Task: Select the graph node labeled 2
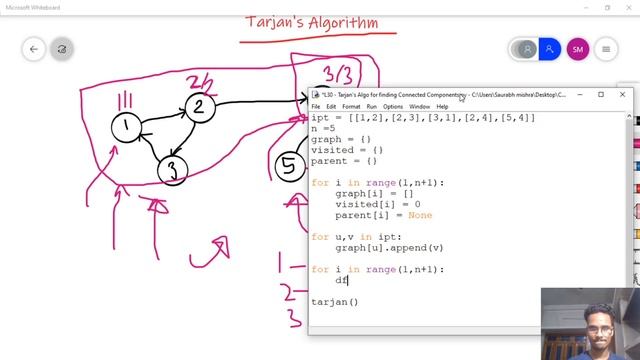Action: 198,107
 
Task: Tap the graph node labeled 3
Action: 173,170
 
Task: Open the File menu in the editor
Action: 316,106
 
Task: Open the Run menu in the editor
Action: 372,106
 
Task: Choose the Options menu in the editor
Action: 393,106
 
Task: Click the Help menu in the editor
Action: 442,106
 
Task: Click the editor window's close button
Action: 622,94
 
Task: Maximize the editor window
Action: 601,94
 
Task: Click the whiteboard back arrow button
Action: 35,49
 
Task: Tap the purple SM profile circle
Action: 577,49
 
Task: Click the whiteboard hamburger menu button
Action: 607,49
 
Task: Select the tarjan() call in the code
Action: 334,301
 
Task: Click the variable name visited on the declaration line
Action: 331,149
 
